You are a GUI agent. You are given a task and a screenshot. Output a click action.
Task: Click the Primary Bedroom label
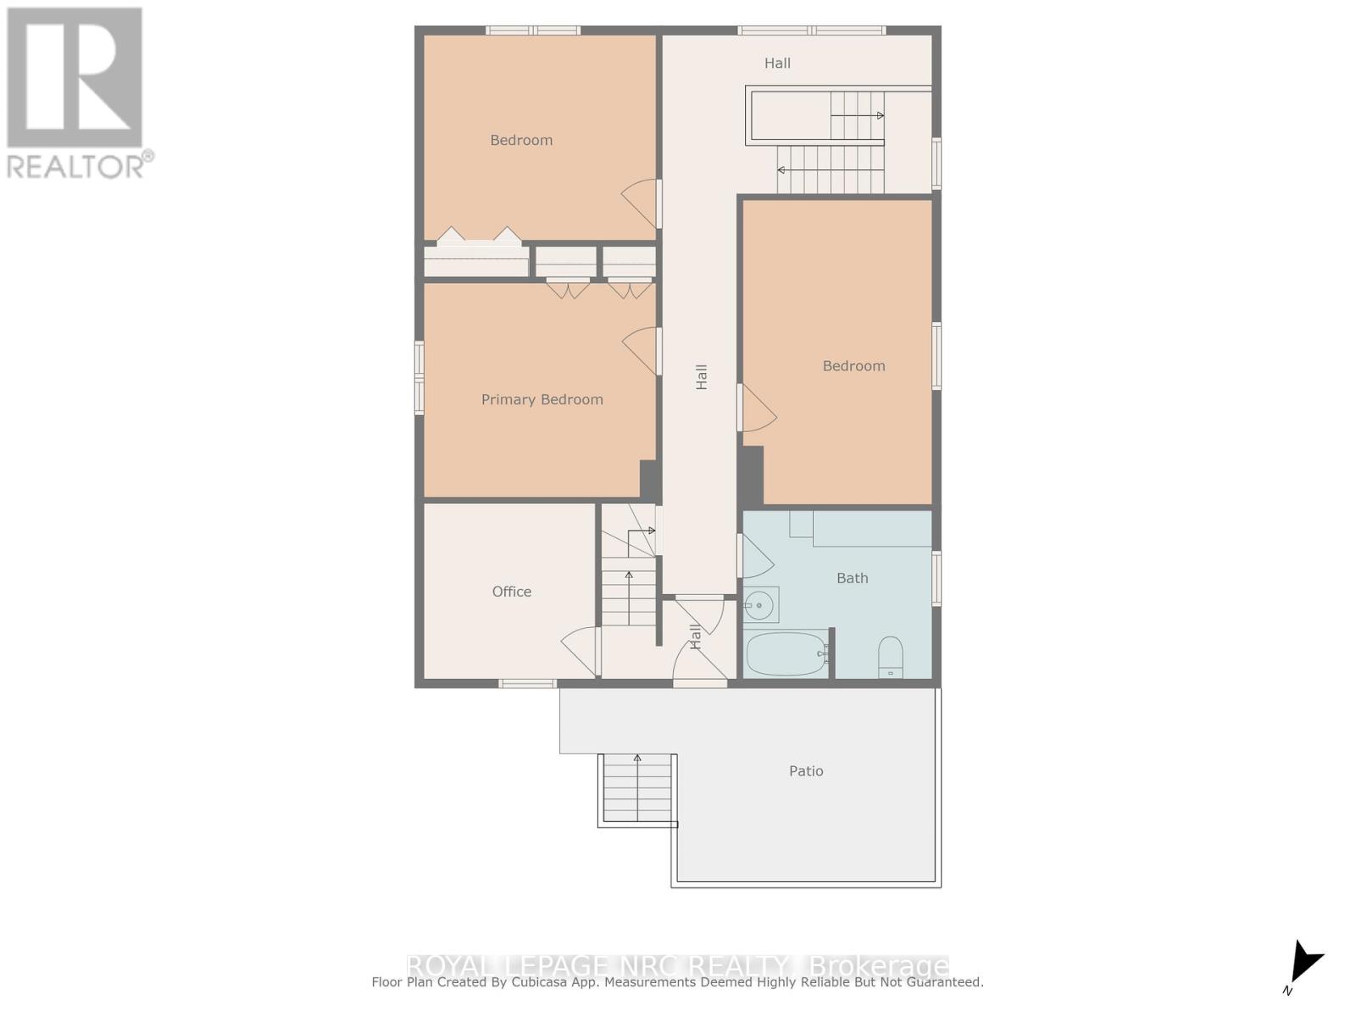coord(542,399)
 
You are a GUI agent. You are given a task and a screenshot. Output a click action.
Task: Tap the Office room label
coord(512,592)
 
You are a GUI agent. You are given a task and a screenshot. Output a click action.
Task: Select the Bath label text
coord(852,578)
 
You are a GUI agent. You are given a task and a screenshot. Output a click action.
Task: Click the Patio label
coord(806,770)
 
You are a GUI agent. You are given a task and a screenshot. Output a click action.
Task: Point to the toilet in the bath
coord(890,658)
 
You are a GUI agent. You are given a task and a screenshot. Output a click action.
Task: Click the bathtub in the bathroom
coord(786,653)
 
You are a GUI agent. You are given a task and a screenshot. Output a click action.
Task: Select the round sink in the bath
coord(759,605)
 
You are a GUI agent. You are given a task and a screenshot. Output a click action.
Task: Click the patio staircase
coord(637,788)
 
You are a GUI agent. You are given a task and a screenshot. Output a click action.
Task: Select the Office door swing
coord(580,651)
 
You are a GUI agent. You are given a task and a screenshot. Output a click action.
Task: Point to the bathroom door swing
coord(756,557)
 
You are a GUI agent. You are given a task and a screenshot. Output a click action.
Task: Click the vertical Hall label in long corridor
coord(702,377)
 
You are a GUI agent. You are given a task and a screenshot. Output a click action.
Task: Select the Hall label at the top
coord(777,63)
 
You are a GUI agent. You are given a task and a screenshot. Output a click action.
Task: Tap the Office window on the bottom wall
coord(527,683)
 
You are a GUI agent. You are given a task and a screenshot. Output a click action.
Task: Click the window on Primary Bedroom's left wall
coord(419,377)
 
